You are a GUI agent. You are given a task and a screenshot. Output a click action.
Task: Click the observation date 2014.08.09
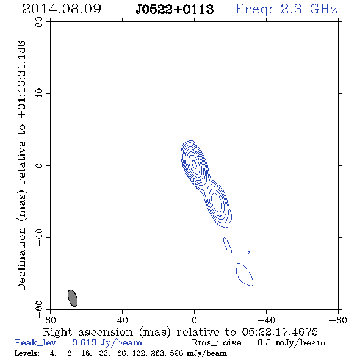pos(62,9)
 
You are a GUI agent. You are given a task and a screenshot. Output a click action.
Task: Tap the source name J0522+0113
pos(175,9)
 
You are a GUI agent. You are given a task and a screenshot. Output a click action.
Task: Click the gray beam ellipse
pos(73,298)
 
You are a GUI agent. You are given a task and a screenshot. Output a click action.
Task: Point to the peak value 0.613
pos(84,342)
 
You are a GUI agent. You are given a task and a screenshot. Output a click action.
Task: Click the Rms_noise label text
pos(220,343)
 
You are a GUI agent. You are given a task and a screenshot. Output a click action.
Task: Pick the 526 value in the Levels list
pos(176,353)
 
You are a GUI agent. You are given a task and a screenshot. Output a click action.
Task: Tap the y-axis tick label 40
pos(39,94)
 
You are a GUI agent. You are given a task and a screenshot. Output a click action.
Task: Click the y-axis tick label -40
pos(39,237)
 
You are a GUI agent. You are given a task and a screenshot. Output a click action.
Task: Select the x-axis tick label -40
pos(266,320)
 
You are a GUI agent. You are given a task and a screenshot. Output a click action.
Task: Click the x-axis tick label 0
pos(194,320)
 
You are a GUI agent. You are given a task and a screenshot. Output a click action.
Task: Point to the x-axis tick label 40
pos(122,320)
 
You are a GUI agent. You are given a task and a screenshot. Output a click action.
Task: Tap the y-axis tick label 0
pos(39,165)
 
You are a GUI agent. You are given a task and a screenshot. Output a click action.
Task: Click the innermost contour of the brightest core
pos(194,164)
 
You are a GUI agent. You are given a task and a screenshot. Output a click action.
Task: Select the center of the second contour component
pos(217,203)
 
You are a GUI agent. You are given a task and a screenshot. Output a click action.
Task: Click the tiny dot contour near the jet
pos(249,253)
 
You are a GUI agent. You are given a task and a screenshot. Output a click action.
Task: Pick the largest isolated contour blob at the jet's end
pos(245,275)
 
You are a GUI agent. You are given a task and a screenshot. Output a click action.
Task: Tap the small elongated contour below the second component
pos(228,245)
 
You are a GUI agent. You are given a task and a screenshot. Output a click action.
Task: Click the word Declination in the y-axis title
pos(21,259)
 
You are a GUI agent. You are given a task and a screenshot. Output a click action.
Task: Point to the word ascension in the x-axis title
pos(106,332)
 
